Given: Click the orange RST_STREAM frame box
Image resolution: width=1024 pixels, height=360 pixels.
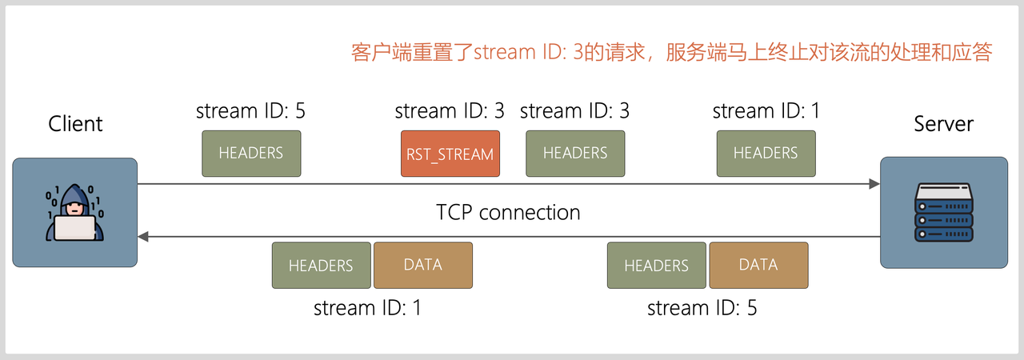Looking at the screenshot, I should (450, 154).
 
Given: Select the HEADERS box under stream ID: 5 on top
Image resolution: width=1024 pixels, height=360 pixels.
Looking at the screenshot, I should (251, 153).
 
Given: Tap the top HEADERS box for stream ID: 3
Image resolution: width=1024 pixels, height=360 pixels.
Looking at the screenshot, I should (575, 153).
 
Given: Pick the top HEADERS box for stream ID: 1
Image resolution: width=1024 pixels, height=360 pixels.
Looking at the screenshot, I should (766, 153).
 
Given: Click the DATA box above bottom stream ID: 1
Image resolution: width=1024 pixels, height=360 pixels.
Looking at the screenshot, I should (423, 265).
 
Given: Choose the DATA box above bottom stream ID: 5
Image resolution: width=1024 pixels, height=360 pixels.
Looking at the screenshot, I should (758, 265).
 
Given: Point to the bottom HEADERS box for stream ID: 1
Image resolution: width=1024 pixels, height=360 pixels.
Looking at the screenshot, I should (321, 265).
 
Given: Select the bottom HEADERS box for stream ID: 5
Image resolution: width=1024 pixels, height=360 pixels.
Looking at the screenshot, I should (656, 265).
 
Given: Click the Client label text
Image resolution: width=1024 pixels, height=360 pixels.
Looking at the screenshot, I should (75, 124).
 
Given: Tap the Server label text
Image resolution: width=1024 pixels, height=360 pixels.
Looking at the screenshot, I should (944, 124).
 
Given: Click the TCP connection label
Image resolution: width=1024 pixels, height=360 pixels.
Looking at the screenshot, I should (508, 212).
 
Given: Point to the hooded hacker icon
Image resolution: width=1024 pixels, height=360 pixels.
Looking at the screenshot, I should (74, 212).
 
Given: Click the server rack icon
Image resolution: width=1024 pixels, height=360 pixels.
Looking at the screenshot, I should (944, 212).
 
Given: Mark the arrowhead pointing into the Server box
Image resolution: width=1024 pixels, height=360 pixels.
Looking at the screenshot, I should (874, 184).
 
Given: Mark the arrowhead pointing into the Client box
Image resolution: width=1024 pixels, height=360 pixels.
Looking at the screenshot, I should (143, 237).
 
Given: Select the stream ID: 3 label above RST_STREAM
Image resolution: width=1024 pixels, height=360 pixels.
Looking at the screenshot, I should (450, 111).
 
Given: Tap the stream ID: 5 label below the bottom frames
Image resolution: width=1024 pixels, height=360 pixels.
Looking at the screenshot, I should (702, 307).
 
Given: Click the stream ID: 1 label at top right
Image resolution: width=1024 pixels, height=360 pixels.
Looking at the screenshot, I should (766, 111).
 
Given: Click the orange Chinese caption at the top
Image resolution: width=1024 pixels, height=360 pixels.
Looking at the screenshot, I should (672, 53).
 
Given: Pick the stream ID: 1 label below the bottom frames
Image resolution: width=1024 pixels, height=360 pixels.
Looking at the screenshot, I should (367, 307).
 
